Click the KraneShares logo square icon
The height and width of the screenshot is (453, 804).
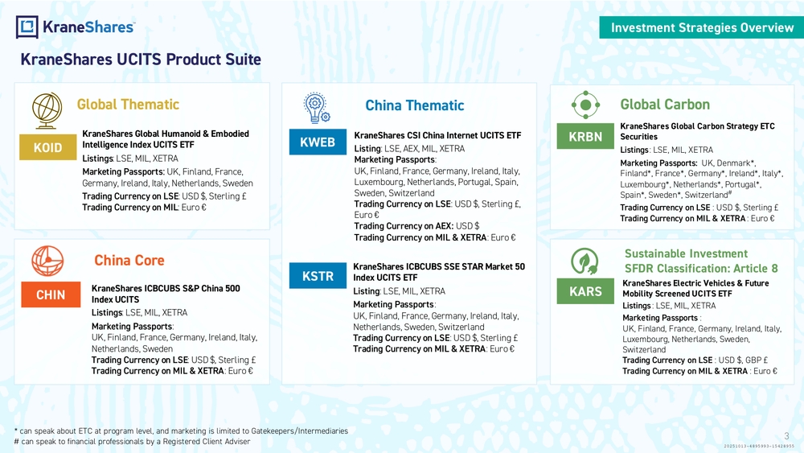coord(27,27)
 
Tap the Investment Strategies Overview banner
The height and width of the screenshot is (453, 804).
coord(701,27)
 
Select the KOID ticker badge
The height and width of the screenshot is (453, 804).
coord(47,147)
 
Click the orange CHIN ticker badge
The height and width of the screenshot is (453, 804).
coord(51,294)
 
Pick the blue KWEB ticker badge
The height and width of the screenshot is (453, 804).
coord(318,142)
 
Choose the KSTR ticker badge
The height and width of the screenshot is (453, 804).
coord(318,275)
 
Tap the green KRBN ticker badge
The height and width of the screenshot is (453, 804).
coord(585,136)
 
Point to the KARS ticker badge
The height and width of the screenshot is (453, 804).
coord(585,291)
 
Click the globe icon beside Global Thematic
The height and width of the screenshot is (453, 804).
coord(47,110)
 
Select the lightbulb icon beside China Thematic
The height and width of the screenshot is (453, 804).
coord(316,108)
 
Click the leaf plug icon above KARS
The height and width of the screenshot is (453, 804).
coord(585,262)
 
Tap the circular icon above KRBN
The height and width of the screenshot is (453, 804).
coord(585,105)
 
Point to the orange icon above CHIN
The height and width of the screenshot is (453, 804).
coord(47,262)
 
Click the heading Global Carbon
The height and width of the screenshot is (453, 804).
coord(665,105)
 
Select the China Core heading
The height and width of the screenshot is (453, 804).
coord(129,261)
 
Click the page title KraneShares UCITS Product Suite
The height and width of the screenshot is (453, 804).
coord(141,60)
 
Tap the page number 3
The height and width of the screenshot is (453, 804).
coord(786,436)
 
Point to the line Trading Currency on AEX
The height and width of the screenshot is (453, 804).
coord(416,226)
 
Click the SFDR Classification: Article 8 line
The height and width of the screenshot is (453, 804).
coord(701,268)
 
